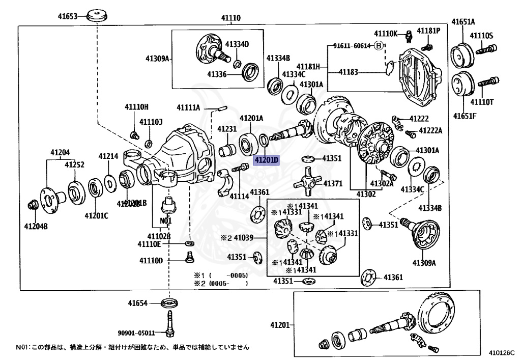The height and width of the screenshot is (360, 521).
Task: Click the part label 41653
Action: pyautogui.click(x=67, y=16)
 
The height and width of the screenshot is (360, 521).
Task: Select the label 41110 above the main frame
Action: pyautogui.click(x=230, y=18)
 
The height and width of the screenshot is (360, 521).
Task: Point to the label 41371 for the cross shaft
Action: pyautogui.click(x=334, y=183)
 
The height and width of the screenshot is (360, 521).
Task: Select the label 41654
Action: pyautogui.click(x=137, y=303)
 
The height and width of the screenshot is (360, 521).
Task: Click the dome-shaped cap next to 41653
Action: pyautogui.click(x=96, y=15)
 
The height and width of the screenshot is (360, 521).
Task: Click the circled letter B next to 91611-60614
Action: pyautogui.click(x=378, y=46)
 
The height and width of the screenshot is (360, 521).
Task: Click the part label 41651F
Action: pyautogui.click(x=465, y=116)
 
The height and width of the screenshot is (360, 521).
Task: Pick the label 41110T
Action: pyautogui.click(x=482, y=102)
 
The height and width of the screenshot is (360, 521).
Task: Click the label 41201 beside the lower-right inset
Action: pyautogui.click(x=280, y=325)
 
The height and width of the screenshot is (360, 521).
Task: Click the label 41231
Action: pyautogui.click(x=227, y=129)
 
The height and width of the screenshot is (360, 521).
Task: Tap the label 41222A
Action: pyautogui.click(x=430, y=131)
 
